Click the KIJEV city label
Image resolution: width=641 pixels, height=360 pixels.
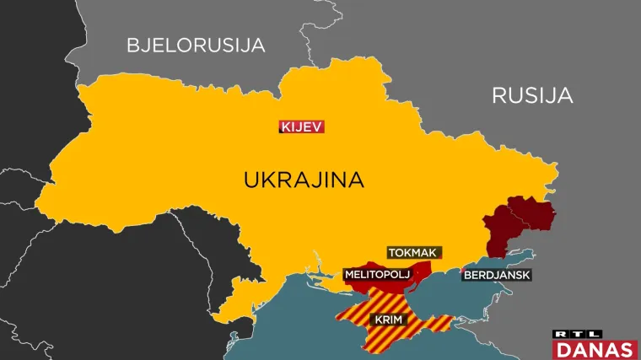pyautogui.click(x=301, y=127)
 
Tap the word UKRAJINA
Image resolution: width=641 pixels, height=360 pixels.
pyautogui.click(x=303, y=180)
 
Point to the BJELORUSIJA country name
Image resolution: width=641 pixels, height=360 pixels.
pyautogui.click(x=196, y=46)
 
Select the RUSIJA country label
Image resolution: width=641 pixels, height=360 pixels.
pyautogui.click(x=532, y=95)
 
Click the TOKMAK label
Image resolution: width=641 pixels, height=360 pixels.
pyautogui.click(x=414, y=252)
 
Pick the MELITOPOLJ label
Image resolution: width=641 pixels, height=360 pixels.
pyautogui.click(x=376, y=274)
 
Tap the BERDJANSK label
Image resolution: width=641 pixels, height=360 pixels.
pyautogui.click(x=497, y=274)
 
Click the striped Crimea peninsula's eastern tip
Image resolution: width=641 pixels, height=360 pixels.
pyautogui.click(x=451, y=321)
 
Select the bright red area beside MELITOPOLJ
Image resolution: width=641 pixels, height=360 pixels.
pyautogui.click(x=422, y=268)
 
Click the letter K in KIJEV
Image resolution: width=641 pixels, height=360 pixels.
pyautogui.click(x=285, y=127)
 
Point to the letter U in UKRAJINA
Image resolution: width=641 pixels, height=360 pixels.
pyautogui.click(x=250, y=180)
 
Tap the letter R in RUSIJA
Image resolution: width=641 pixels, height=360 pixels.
pyautogui.click(x=498, y=95)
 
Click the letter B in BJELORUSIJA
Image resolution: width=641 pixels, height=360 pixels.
pyautogui.click(x=133, y=46)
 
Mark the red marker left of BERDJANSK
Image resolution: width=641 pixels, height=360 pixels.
pyautogui.click(x=463, y=271)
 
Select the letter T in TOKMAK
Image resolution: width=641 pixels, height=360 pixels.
pyautogui.click(x=391, y=252)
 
